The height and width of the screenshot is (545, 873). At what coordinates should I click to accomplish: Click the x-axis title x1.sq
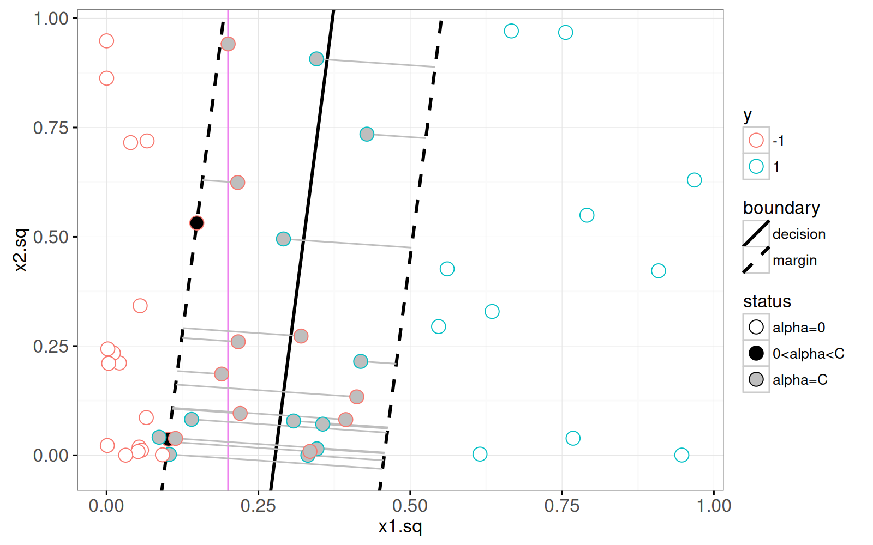400,526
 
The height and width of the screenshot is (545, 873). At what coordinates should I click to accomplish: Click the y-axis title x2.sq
20,250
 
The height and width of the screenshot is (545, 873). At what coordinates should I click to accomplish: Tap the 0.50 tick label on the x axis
410,506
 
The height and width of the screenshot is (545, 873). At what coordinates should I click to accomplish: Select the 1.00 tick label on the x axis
714,506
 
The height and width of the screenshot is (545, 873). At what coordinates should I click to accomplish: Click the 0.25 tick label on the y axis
51,346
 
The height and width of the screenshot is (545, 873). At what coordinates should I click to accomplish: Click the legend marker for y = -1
756,140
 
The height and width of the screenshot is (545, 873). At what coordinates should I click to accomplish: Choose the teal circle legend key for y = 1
756,166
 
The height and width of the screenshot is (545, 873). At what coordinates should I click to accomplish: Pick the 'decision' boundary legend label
799,234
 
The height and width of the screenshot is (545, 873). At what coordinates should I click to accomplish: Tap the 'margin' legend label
794,260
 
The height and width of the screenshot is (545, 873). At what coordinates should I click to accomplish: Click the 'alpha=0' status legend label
799,328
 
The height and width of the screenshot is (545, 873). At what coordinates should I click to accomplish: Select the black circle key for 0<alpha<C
756,353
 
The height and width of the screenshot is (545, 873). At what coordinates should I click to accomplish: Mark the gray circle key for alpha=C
756,379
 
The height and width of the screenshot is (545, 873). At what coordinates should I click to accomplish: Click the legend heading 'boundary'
781,208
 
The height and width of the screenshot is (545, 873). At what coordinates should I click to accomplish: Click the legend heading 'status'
767,301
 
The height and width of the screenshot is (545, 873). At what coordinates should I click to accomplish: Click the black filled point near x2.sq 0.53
196,223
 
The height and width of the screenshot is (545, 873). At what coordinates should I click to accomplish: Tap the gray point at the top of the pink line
228,44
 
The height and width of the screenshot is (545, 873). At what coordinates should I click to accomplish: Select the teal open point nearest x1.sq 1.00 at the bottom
681,455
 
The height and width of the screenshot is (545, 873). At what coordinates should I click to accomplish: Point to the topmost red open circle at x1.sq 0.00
106,41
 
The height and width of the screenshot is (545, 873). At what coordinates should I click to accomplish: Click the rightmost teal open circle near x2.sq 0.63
694,180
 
